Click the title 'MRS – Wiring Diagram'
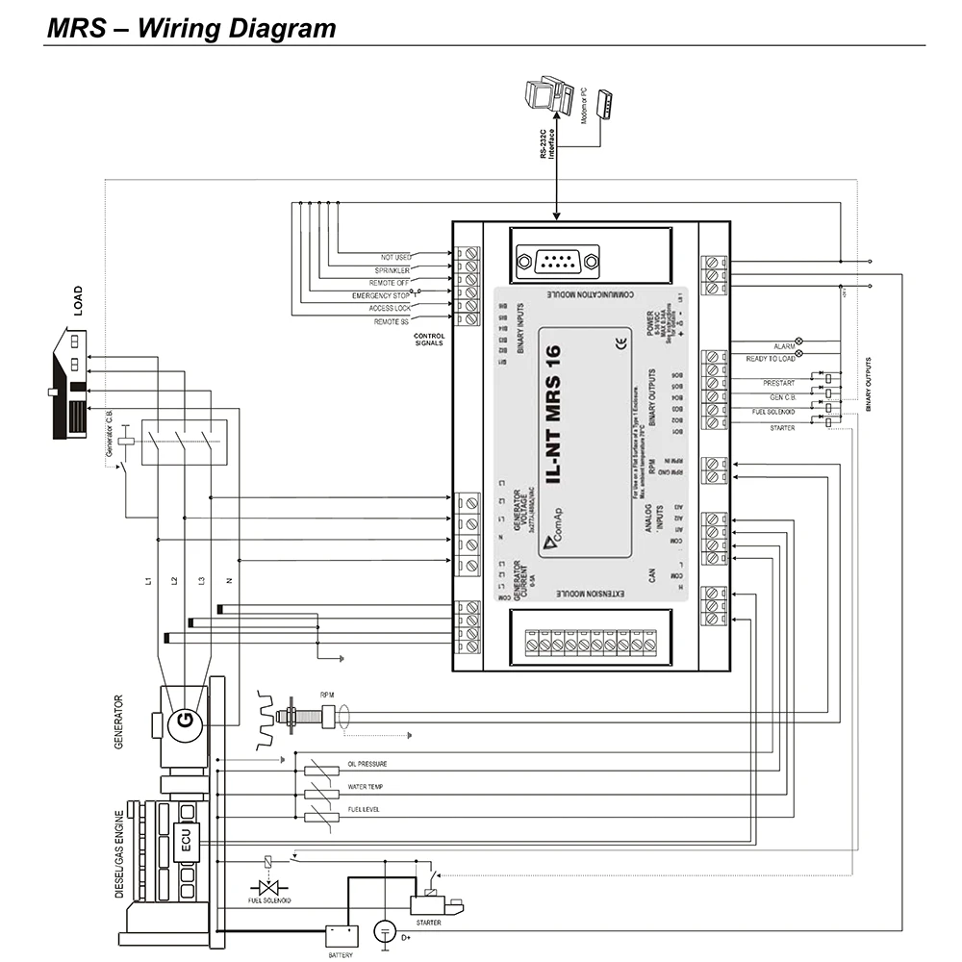pyautogui.click(x=191, y=28)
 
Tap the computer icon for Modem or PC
pyautogui.click(x=544, y=94)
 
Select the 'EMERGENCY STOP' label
pyautogui.click(x=382, y=295)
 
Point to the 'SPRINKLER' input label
pyautogui.click(x=392, y=270)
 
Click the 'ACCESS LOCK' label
pyautogui.click(x=389, y=308)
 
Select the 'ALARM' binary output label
pyautogui.click(x=783, y=345)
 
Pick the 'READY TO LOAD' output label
pyautogui.click(x=771, y=359)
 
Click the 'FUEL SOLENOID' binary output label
pyautogui.click(x=772, y=412)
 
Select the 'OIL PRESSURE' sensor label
pyautogui.click(x=367, y=765)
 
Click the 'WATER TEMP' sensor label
pyautogui.click(x=365, y=787)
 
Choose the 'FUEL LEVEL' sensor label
pyautogui.click(x=363, y=810)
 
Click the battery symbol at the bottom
pyautogui.click(x=340, y=934)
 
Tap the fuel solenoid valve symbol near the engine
pyautogui.click(x=267, y=887)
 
